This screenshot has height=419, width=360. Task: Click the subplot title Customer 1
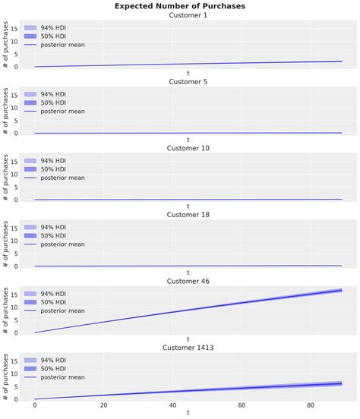coord(188,15)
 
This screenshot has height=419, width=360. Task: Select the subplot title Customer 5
coord(188,82)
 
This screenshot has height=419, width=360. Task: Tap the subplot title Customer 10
coord(188,148)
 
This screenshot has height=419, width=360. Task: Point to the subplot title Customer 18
coord(188,215)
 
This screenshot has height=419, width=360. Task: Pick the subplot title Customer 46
coord(188,281)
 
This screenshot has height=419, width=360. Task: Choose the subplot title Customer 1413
coord(188,348)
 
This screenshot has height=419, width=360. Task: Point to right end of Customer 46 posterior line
coord(342,290)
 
